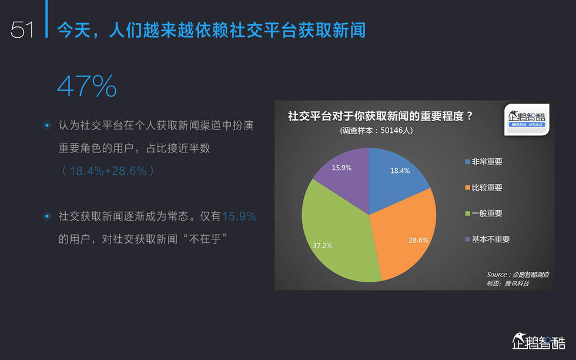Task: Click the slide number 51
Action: (22, 29)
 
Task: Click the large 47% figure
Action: (87, 86)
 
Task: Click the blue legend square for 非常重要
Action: (468, 162)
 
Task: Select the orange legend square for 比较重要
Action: (468, 188)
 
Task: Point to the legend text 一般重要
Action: (487, 214)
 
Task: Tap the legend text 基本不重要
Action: (491, 239)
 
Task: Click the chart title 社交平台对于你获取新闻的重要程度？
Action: (380, 116)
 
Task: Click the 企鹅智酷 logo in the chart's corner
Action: (527, 119)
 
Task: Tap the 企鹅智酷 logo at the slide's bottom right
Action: (538, 341)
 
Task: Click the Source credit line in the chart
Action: (518, 274)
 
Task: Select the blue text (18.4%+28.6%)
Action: (108, 171)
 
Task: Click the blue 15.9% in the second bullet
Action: (239, 216)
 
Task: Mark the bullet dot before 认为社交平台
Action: (46, 125)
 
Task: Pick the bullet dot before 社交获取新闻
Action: (46, 216)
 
